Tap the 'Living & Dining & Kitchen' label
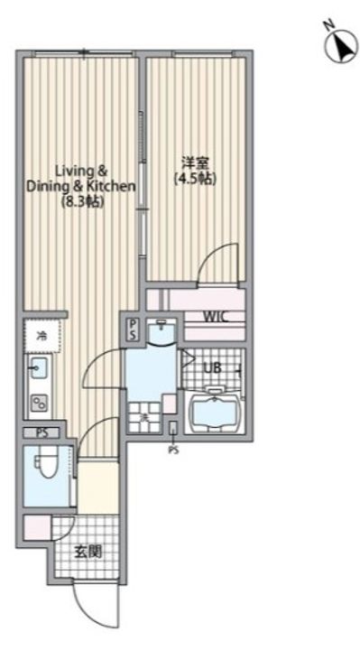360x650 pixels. pos(81,178)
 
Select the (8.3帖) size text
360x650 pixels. pos(82,202)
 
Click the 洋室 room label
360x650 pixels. pos(192,162)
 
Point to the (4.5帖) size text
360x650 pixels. pos(195,179)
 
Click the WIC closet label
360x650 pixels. pos(215,317)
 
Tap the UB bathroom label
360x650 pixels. pos(212,368)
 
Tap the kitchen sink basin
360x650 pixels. pos(38,368)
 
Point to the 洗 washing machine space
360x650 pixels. pos(143,418)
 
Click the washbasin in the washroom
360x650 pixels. pos(160,332)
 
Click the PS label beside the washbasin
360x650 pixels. pos(133,328)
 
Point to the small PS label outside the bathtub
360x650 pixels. pos(172,449)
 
